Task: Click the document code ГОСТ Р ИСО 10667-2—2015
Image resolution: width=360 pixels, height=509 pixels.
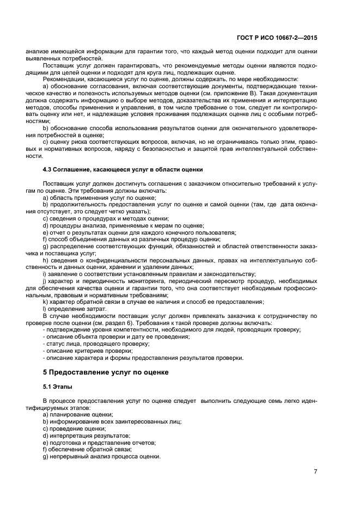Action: click(x=285, y=39)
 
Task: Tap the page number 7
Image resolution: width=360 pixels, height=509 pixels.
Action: click(x=315, y=471)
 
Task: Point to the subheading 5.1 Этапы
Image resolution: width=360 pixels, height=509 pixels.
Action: click(x=57, y=387)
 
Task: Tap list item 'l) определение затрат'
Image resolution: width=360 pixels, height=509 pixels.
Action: click(x=71, y=309)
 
